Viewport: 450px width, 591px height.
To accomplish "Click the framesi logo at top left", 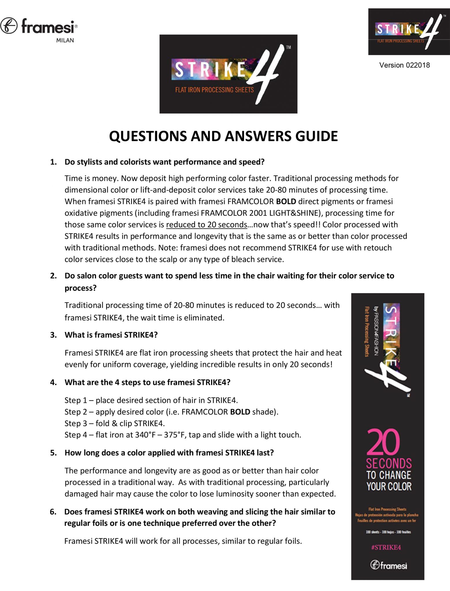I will coord(39,26).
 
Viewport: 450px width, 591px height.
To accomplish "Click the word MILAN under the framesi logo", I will coord(65,40).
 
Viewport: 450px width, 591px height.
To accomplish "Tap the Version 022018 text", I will coord(404,65).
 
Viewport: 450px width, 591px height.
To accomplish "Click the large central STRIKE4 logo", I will coord(228,74).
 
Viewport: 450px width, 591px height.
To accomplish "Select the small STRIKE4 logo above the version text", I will coord(409,31).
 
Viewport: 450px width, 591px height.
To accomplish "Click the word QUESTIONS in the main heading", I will coord(148,136).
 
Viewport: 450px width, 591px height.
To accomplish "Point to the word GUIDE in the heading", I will coord(316,136).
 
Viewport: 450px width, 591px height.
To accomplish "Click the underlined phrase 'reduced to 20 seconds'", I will coord(206,225).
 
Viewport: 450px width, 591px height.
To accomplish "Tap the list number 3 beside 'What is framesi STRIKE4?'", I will coord(53,335).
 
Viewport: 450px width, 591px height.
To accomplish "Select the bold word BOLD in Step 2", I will coord(240,412).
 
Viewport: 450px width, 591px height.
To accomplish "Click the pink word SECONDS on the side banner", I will coord(389,463).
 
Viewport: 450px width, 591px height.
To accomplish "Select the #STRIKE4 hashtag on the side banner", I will coord(386,547).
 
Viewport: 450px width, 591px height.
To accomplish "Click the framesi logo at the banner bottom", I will coord(389,565).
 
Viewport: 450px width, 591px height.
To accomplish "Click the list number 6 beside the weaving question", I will coord(53,512).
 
